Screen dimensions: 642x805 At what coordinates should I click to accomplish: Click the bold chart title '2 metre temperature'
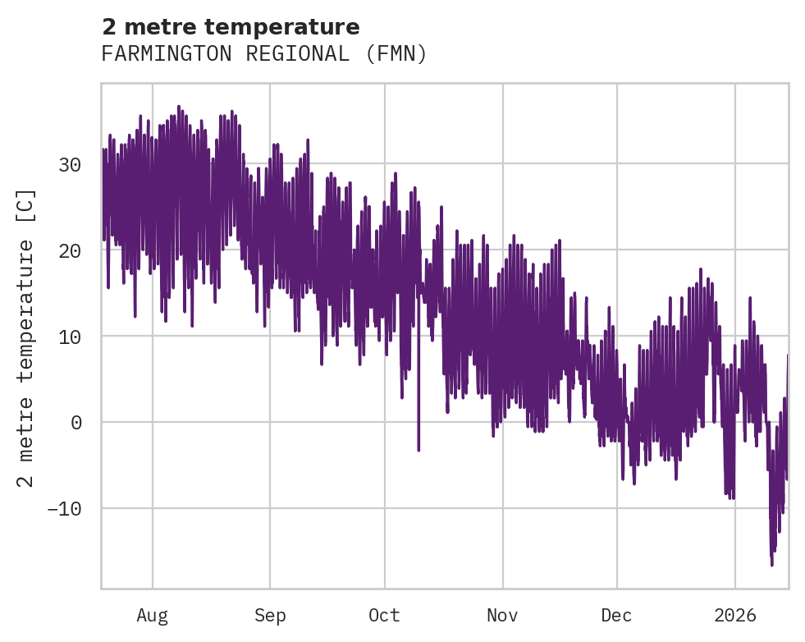231,28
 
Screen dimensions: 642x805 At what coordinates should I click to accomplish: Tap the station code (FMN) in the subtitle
397,54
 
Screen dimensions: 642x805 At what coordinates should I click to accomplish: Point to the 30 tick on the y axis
70,164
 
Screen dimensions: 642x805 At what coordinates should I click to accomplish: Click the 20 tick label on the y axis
70,250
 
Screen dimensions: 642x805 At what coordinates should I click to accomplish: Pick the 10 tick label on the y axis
70,337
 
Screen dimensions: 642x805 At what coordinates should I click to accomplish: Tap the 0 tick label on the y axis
76,423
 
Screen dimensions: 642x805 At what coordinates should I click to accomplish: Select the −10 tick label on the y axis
64,509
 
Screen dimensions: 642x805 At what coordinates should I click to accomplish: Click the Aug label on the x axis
152,616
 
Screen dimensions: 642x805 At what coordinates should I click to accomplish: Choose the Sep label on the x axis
269,616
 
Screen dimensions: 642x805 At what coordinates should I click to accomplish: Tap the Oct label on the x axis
384,616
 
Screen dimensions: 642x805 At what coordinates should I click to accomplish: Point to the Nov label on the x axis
502,616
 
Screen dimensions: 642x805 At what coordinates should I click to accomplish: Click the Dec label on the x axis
616,616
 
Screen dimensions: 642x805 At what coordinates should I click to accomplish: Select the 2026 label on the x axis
735,616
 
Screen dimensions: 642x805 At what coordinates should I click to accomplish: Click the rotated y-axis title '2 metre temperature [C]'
26,337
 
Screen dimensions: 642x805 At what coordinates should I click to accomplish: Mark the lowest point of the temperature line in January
772,565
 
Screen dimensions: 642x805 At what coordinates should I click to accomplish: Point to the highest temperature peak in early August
179,106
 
